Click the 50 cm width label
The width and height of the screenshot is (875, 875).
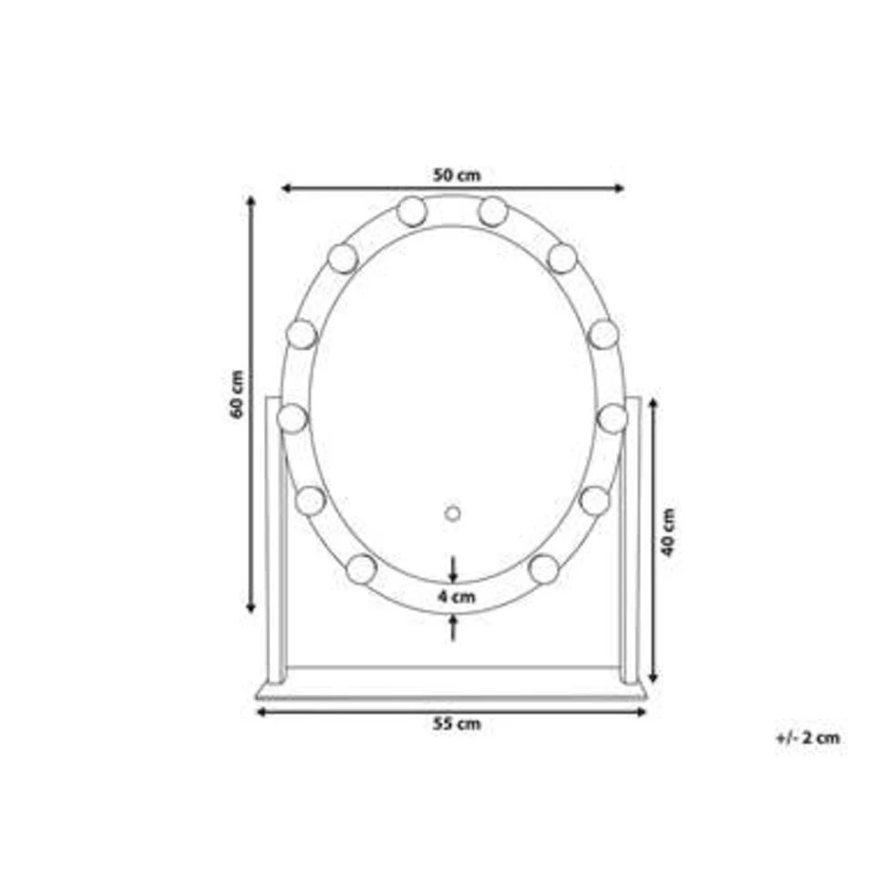pos(457,175)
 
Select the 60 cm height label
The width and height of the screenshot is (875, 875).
pos(237,394)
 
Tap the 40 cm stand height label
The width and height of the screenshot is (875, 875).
pos(668,531)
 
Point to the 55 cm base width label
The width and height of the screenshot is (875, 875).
pos(457,724)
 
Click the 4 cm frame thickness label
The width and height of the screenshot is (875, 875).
pos(457,596)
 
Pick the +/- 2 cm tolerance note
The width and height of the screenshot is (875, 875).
pos(808,737)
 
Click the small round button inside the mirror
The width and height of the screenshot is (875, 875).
pos(453,513)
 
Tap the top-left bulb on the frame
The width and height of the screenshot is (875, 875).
pos(412,211)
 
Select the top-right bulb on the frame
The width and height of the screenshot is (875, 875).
pos(493,211)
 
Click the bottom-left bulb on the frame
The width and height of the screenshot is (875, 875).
pos(361,569)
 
